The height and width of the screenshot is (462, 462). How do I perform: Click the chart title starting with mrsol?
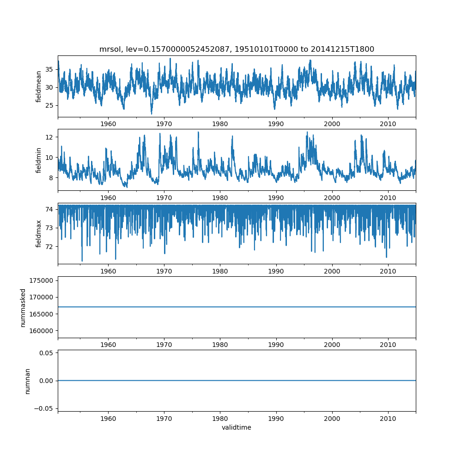pyautogui.click(x=237, y=49)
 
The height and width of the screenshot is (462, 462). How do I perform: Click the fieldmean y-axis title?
pyautogui.click(x=39, y=86)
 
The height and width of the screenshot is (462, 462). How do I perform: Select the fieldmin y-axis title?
pyautogui.click(x=39, y=160)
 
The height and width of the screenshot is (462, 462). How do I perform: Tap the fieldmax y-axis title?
pyautogui.click(x=39, y=233)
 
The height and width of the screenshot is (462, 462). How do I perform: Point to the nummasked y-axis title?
pyautogui.click(x=23, y=307)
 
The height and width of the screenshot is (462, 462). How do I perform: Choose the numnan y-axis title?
pyautogui.click(x=27, y=381)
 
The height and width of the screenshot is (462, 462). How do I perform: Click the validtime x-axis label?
pyautogui.click(x=237, y=427)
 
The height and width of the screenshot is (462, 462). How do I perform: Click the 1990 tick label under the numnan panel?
pyautogui.click(x=276, y=418)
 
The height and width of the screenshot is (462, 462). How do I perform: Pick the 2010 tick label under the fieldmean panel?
pyautogui.click(x=388, y=124)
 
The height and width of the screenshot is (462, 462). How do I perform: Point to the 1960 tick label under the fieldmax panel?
pyautogui.click(x=108, y=271)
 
